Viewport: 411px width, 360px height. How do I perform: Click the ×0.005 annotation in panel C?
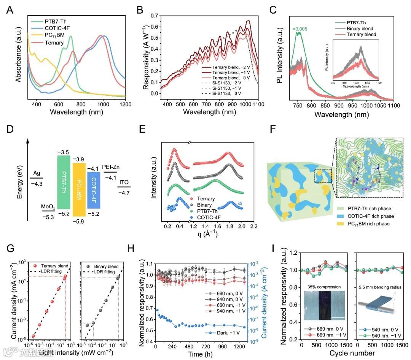(300, 29)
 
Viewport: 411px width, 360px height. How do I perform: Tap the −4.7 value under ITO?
(124, 193)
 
